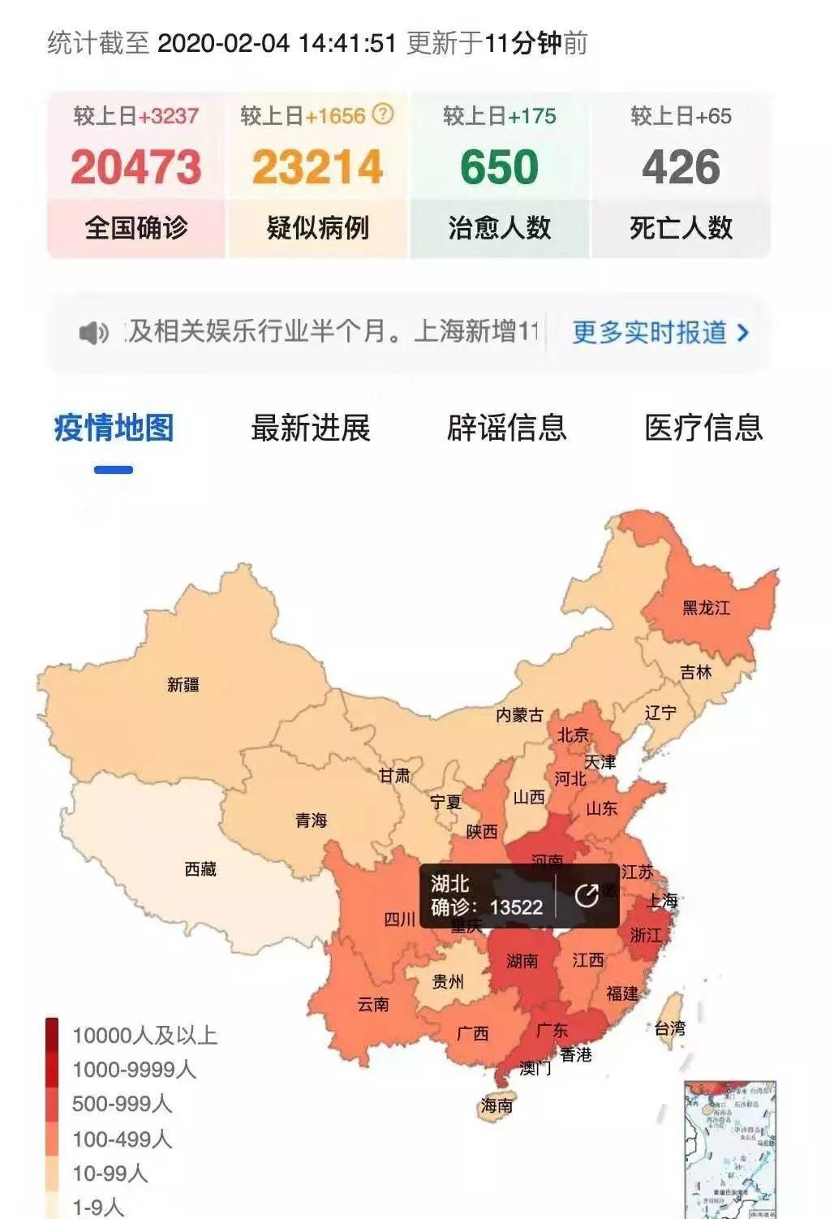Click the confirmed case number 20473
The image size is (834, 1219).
(x=135, y=167)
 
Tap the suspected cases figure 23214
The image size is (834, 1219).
(x=317, y=167)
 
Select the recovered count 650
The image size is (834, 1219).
(x=499, y=167)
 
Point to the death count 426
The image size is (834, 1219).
(x=681, y=167)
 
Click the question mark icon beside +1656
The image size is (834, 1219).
(x=383, y=114)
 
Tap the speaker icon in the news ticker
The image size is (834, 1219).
(x=93, y=333)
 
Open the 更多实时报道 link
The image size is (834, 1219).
(x=660, y=333)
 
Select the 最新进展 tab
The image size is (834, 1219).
(x=310, y=428)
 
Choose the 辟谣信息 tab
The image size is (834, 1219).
(x=506, y=428)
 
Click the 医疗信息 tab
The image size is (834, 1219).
(x=703, y=428)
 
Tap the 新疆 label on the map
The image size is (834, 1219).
(x=183, y=685)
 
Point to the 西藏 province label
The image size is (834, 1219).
(x=200, y=869)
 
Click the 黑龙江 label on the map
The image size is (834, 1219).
(x=706, y=608)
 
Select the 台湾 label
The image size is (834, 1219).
(x=670, y=1028)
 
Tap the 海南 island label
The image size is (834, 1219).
(x=497, y=1105)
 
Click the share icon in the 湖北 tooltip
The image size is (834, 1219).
(x=587, y=895)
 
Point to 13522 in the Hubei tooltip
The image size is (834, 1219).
(x=516, y=907)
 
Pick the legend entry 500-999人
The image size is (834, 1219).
(x=122, y=1104)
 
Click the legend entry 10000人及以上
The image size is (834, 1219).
(x=144, y=1036)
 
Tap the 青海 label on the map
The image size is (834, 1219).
(x=311, y=821)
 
